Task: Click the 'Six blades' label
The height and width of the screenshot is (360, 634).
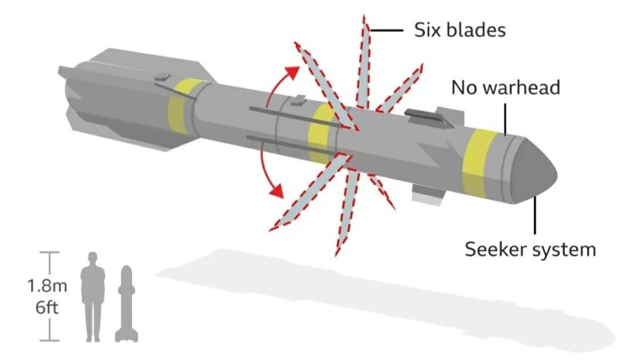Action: [x=460, y=30]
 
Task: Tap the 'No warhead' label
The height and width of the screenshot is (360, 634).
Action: [x=505, y=87]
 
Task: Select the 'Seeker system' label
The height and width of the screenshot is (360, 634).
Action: [x=530, y=249]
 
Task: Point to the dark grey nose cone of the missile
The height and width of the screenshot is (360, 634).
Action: [x=534, y=171]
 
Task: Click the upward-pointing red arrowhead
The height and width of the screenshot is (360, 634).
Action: [x=292, y=73]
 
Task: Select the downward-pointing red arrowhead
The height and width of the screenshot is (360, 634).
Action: [x=276, y=190]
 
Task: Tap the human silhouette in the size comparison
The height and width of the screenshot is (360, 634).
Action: [x=93, y=297]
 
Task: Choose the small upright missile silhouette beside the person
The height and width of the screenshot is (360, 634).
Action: [x=127, y=304]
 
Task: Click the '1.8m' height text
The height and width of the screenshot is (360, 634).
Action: [x=48, y=286]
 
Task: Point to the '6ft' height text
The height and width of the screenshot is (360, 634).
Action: [x=47, y=307]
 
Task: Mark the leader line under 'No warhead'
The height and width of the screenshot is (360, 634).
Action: [x=505, y=119]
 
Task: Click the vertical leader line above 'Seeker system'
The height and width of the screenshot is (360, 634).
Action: [x=536, y=215]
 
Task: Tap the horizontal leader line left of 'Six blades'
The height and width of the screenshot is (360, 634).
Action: [x=386, y=30]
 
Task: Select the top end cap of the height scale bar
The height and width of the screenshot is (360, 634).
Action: [x=50, y=252]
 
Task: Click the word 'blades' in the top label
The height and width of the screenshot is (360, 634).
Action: [x=477, y=30]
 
